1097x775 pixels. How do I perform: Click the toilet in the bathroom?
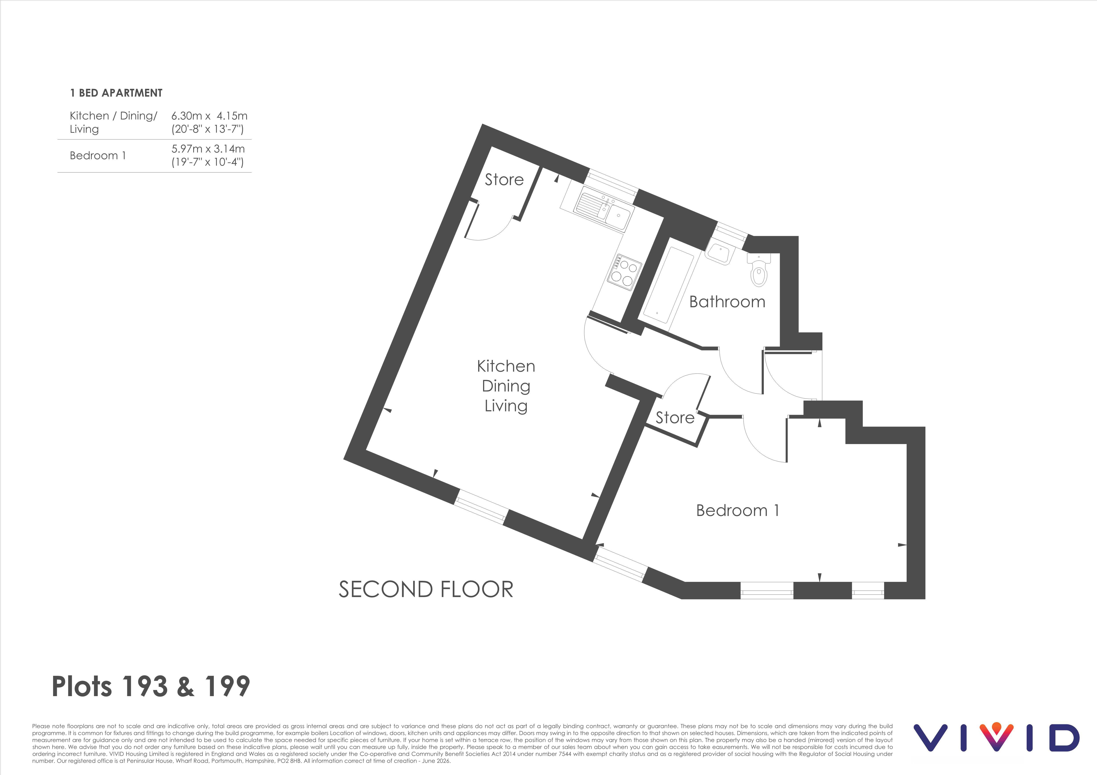point(759,269)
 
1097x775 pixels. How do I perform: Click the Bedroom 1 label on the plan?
point(737,511)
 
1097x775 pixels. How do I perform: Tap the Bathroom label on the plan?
point(727,302)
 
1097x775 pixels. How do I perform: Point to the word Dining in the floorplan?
point(506,386)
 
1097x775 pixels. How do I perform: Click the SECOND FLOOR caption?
point(426,589)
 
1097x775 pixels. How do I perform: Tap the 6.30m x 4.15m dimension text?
point(209,116)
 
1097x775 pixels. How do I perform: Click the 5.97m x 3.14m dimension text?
point(208,148)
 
